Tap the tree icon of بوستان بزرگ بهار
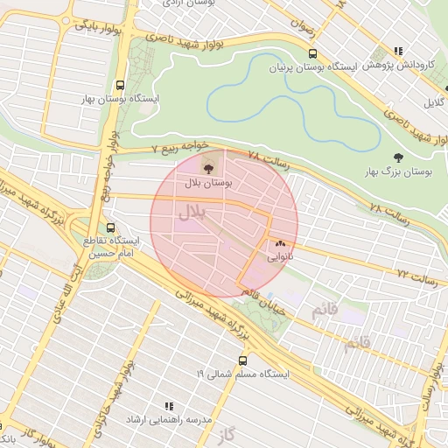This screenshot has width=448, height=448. (x=399, y=157)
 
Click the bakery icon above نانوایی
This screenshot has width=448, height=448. (x=280, y=244)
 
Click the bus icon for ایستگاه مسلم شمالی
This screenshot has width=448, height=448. (x=242, y=360)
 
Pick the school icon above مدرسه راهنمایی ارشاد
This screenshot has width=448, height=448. (x=169, y=407)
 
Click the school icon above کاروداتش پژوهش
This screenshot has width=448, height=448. (x=399, y=51)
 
